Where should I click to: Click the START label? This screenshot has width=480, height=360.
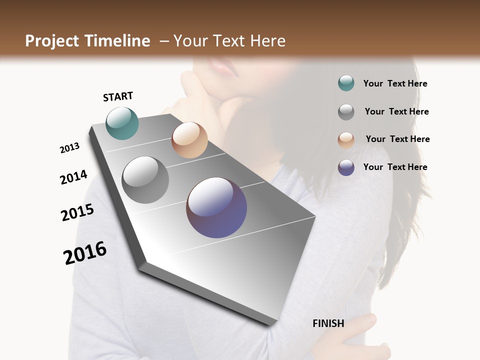coord(118,96)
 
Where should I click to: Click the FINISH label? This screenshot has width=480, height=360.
coord(328,323)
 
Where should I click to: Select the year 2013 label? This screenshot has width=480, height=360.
coord(69,148)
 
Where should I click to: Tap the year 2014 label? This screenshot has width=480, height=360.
coord(73,177)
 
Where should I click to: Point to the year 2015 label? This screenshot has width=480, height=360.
coord(77,213)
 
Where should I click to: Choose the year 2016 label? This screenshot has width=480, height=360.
coord(85,253)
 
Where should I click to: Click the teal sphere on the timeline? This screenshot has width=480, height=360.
coord(122,123)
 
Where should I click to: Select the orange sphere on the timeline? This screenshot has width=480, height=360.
coord(189,140)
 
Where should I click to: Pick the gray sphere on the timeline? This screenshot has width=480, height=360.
coord(145,180)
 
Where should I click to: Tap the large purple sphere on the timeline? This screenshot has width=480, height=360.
coord(216,207)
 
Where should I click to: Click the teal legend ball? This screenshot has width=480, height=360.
coord(346,83)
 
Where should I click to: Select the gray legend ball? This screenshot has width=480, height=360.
coord(346,111)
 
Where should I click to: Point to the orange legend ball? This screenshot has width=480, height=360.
coord(346,139)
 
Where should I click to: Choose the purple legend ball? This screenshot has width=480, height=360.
coord(346,167)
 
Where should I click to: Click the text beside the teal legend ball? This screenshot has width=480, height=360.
coord(395,84)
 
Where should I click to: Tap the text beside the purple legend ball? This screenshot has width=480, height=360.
coord(395,167)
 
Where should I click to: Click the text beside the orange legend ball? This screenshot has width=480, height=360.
coord(397,139)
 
